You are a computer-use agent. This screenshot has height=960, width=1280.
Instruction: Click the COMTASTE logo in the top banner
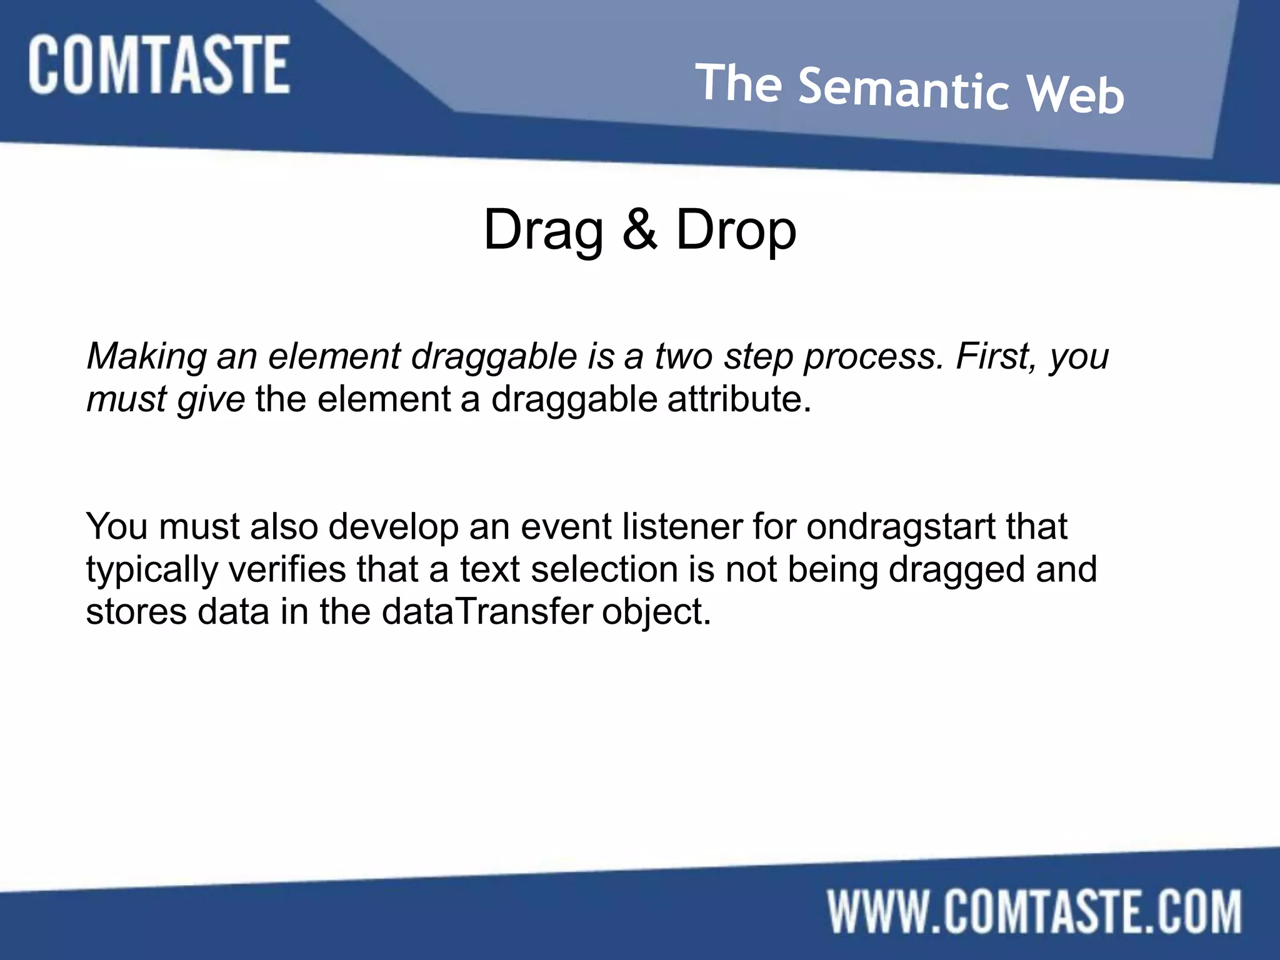[x=159, y=65]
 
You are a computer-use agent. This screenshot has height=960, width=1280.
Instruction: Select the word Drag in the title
[x=543, y=231]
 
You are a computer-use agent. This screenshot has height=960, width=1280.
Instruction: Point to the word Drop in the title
[x=736, y=231]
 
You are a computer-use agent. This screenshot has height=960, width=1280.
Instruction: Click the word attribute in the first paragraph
[x=739, y=399]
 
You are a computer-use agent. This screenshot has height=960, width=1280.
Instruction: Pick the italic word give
[x=211, y=400]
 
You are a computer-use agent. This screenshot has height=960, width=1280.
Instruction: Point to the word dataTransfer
[x=487, y=611]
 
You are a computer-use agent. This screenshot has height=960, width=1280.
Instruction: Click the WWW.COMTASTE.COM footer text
[x=1034, y=912]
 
